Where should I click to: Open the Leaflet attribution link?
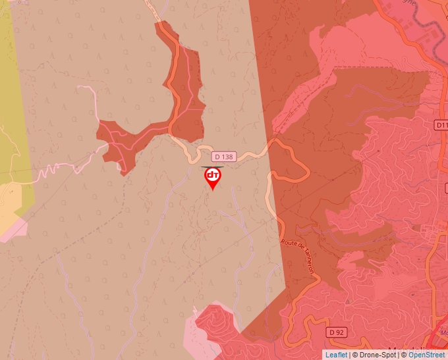335,355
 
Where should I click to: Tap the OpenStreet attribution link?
427,355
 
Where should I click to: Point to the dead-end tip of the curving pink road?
80,87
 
